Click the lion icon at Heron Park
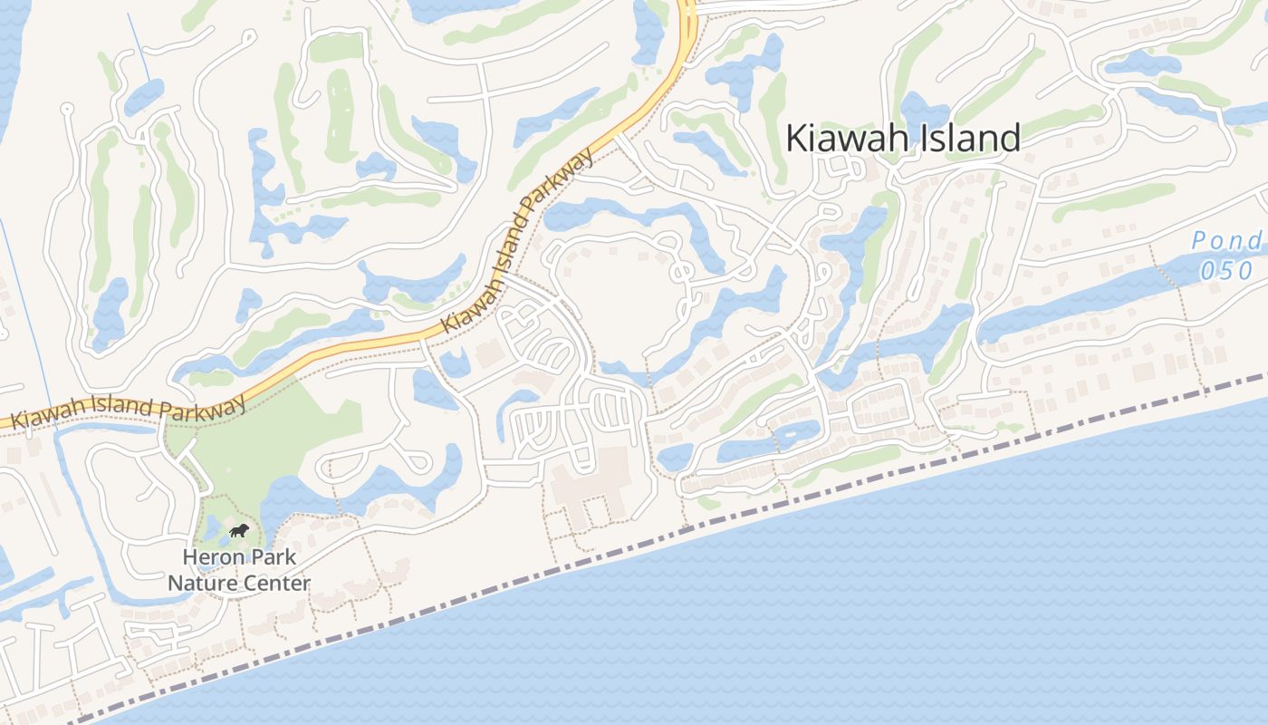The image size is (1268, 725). tap(239, 530)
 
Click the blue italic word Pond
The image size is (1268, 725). tap(1226, 241)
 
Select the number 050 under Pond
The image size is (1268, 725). tap(1226, 270)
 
